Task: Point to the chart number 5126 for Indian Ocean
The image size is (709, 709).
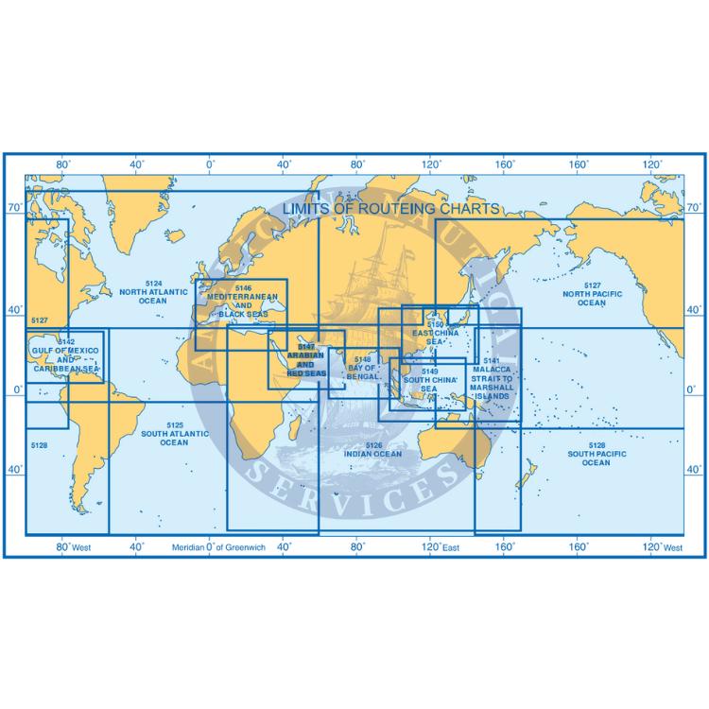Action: (x=374, y=444)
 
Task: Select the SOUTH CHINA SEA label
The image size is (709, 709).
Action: (x=427, y=384)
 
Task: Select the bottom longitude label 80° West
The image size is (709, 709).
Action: (x=74, y=547)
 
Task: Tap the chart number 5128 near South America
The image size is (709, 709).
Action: (x=39, y=444)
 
